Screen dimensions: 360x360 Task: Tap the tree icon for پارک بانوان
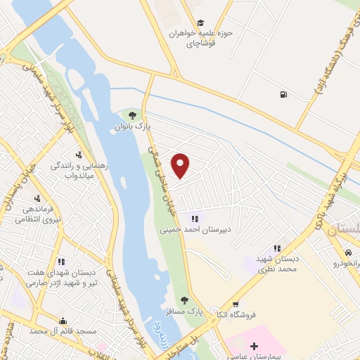pyautogui.click(x=131, y=115)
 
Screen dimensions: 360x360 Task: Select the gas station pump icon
pyautogui.click(x=283, y=94)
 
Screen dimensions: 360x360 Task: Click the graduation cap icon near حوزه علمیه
pyautogui.click(x=201, y=22)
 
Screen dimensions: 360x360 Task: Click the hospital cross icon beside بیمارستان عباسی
pyautogui.click(x=254, y=346)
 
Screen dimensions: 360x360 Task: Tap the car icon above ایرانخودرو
pyautogui.click(x=348, y=252)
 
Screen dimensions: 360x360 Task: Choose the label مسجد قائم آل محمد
pyautogui.click(x=52, y=330)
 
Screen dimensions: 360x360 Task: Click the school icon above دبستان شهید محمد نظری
pyautogui.click(x=277, y=248)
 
